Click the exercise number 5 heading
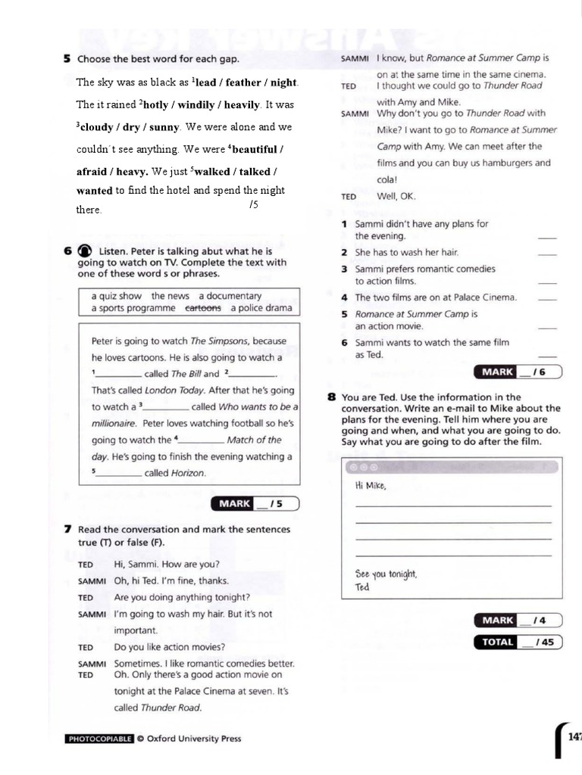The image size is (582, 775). tap(67, 58)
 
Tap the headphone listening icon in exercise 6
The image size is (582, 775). tap(84, 251)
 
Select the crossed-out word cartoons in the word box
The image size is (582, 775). tap(203, 308)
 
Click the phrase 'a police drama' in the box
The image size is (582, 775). tap(261, 308)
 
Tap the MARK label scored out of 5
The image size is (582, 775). tap(235, 503)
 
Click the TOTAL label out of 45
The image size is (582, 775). tap(496, 643)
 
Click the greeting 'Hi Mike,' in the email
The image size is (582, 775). tap(371, 486)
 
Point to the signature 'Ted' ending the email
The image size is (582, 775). tap(361, 587)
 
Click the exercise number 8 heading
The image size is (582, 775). tap(331, 397)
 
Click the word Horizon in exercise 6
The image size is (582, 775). tap(189, 473)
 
